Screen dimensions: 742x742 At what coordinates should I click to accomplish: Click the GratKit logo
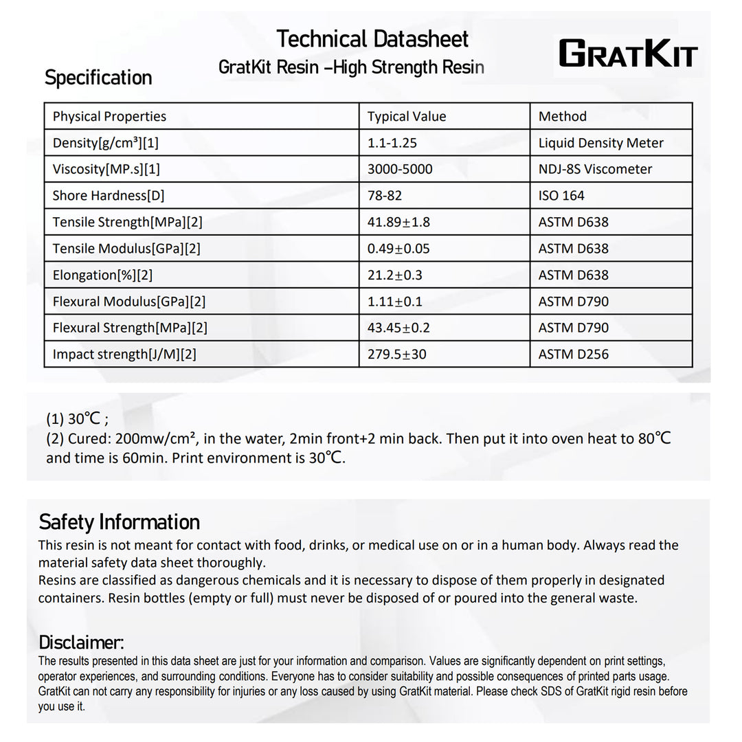point(627,54)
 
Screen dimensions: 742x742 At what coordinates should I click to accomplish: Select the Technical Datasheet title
point(372,39)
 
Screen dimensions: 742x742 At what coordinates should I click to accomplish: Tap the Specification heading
point(98,78)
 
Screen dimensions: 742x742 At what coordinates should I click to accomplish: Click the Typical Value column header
point(407,117)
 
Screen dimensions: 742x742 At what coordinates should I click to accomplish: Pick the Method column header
point(562,117)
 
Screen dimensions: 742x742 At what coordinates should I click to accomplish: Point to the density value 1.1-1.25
point(392,143)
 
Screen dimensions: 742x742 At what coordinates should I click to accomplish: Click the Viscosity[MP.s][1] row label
point(106,169)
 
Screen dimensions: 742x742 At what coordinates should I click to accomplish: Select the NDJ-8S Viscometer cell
point(595,169)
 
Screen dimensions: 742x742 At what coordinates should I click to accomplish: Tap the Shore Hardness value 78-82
point(385,196)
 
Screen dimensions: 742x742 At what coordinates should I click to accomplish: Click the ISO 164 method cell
point(561,196)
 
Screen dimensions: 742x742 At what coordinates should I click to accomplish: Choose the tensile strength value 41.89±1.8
point(398,222)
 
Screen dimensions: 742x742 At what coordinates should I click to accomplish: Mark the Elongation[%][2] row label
point(102,275)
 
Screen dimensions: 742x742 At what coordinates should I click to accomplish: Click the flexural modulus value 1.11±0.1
point(395,302)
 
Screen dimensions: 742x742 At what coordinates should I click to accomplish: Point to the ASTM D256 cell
point(573,355)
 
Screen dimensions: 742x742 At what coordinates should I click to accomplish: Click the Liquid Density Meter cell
point(600,143)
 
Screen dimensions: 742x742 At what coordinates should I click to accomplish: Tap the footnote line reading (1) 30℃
point(77,419)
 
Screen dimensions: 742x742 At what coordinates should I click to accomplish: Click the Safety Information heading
point(119,522)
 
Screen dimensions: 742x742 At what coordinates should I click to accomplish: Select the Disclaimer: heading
point(81,642)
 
